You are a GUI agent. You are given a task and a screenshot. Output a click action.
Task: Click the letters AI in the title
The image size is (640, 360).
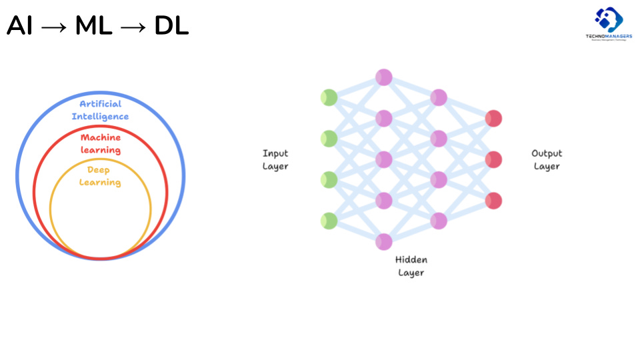[19, 26]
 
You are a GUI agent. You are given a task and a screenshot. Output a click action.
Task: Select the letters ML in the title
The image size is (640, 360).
[93, 26]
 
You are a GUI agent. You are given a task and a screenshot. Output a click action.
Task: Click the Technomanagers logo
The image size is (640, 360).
[608, 24]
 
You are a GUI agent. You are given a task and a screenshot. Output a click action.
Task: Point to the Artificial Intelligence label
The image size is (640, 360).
[100, 110]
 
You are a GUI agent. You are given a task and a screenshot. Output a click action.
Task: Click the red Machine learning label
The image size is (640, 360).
[100, 143]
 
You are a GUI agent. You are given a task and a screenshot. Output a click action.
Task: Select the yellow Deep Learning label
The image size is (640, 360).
[100, 176]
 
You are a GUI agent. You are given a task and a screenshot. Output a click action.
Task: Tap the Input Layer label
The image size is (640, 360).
[275, 160]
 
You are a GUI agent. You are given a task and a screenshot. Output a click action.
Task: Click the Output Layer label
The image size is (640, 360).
[547, 160]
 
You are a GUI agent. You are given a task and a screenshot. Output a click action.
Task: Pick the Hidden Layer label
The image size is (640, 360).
[411, 266]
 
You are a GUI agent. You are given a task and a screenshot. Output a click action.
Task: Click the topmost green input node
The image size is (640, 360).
[329, 98]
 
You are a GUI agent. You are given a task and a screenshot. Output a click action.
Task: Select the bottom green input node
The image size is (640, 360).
[329, 221]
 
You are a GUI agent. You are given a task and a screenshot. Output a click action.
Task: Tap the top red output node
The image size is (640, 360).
[493, 119]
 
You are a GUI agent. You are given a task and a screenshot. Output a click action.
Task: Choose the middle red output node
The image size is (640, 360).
[493, 159]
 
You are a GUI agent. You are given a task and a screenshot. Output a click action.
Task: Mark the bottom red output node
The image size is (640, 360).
[493, 201]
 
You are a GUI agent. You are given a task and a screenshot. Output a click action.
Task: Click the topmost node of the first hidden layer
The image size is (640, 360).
[383, 77]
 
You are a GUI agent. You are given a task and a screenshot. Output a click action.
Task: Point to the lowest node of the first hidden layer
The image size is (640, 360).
[383, 241]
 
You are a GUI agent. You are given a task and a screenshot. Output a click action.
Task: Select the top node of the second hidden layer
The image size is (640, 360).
[439, 98]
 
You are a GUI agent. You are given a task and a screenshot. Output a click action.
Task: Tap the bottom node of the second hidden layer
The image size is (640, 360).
[439, 221]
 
